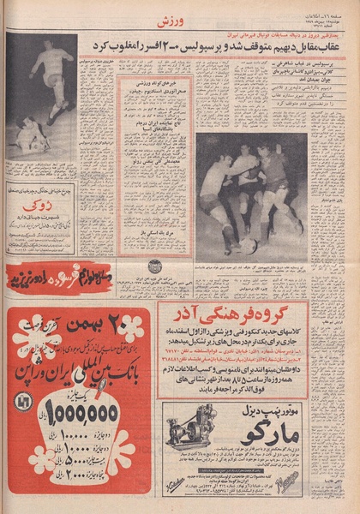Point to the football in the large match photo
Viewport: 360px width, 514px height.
click(249, 242)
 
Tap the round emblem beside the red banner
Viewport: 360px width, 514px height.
click(153, 266)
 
